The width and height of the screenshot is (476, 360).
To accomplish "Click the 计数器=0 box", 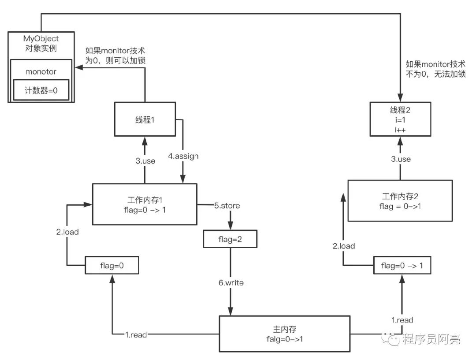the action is (x=41, y=90).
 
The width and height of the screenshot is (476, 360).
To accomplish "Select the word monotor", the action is (x=41, y=72).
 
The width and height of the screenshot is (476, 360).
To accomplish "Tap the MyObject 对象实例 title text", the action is (x=41, y=43).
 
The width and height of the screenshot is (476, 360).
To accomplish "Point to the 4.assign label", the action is (x=183, y=156).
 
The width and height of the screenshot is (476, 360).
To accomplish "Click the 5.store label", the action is (x=227, y=205).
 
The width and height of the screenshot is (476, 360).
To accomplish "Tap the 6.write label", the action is (x=231, y=282).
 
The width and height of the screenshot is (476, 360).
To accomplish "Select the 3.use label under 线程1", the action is (x=145, y=161).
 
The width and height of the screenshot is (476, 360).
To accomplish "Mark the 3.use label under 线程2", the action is (x=401, y=159).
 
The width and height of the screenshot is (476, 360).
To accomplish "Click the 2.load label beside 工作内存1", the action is (x=67, y=232).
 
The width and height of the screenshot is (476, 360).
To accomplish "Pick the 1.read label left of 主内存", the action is (x=136, y=335).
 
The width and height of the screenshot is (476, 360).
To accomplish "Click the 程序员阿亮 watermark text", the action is (x=431, y=339).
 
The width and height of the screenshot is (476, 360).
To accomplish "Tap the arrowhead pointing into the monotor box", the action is (x=79, y=67).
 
